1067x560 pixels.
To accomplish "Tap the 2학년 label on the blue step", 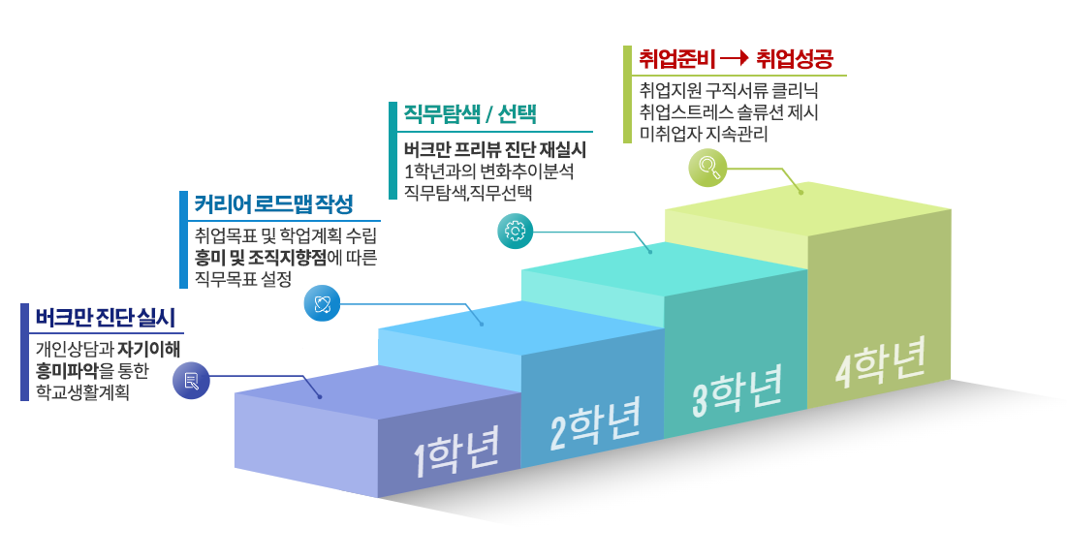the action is point(595,423).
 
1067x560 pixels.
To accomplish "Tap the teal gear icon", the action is point(516,231).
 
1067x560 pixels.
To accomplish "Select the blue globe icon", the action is point(323,303).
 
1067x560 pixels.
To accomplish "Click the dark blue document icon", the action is point(191,380).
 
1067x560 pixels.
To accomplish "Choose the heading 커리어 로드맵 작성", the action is point(273,205).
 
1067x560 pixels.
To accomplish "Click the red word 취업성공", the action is point(795,59).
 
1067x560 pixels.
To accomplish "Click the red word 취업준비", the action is point(676,59).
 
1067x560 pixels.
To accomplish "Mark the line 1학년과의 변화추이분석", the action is point(489,171).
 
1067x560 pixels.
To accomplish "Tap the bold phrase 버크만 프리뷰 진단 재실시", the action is point(495,151).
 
